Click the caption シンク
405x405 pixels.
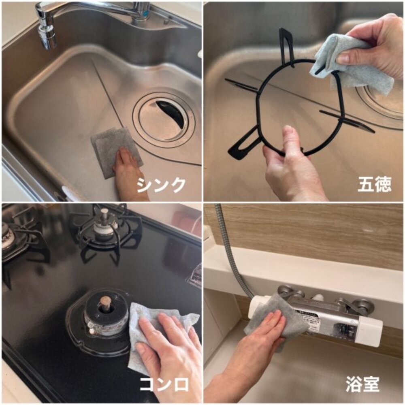click(161, 185)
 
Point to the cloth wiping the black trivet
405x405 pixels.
click(352, 61)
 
